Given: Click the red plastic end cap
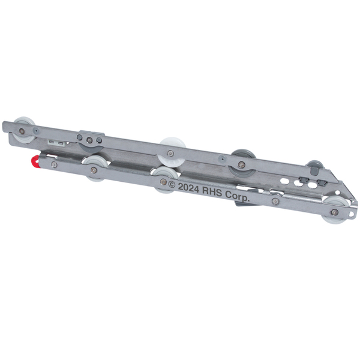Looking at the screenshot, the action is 35,161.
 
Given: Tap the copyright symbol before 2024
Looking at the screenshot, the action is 172,184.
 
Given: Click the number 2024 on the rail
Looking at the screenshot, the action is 188,188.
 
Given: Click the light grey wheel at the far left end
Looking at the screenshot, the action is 24,130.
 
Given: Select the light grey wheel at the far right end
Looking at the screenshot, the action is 335,210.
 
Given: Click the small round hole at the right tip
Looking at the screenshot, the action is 351,214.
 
